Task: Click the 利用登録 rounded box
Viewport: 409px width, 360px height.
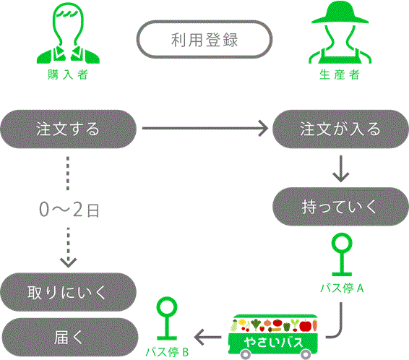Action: click(x=204, y=39)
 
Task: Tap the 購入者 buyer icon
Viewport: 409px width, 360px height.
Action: click(x=68, y=33)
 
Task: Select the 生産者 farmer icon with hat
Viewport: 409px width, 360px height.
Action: click(x=340, y=33)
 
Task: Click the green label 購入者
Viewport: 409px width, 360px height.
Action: click(x=67, y=74)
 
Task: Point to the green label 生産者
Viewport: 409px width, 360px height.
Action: click(x=340, y=74)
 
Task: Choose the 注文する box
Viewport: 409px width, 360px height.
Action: click(x=68, y=129)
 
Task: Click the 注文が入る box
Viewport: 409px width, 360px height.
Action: click(x=340, y=129)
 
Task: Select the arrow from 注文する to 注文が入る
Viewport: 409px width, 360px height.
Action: click(x=205, y=128)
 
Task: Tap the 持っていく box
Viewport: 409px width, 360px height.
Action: click(x=340, y=207)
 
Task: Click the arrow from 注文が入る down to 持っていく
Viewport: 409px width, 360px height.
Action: click(x=340, y=168)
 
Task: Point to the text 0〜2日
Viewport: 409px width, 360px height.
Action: click(x=69, y=210)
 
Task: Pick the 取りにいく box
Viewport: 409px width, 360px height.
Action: click(x=68, y=292)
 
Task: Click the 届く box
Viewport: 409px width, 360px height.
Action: click(x=69, y=337)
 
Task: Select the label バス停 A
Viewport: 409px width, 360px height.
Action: click(x=342, y=288)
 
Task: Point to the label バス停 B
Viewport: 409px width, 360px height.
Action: click(x=167, y=352)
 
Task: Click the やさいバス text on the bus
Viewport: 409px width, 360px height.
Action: click(x=274, y=342)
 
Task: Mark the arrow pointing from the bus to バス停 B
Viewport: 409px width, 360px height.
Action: click(x=207, y=337)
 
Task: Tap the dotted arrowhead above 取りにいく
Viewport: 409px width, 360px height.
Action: click(x=68, y=263)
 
